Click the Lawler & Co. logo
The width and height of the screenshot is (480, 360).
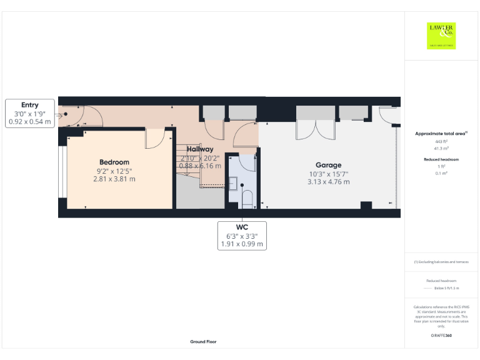[441, 36]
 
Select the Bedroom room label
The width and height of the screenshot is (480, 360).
[114, 162]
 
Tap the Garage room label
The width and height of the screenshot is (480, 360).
[327, 166]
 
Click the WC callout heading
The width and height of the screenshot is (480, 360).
[242, 227]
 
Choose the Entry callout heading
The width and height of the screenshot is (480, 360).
[29, 105]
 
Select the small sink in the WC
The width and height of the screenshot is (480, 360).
[232, 184]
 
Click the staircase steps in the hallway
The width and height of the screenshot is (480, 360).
[186, 161]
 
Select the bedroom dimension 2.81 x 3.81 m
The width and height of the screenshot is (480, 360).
[114, 179]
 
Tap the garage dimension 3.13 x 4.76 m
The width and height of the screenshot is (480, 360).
[328, 182]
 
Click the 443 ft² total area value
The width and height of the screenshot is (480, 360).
[441, 142]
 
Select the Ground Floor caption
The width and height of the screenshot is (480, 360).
[204, 342]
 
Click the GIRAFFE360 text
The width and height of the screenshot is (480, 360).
[441, 336]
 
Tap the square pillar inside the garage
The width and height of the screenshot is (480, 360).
[367, 205]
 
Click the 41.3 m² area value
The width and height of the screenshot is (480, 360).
[441, 149]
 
